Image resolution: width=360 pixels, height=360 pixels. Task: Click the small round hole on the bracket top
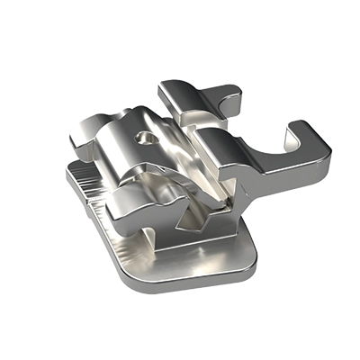tap(144, 139)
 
